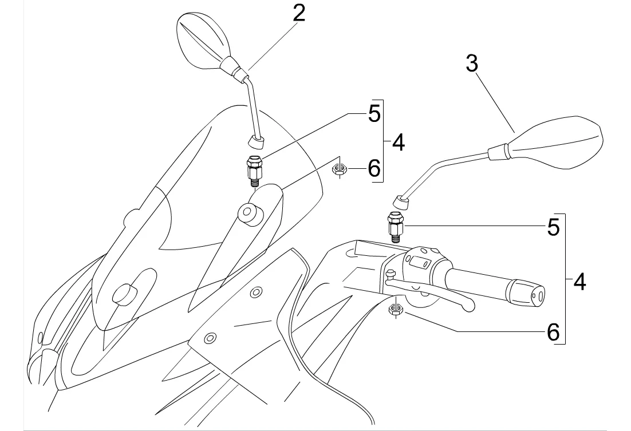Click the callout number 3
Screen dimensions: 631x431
click(x=472, y=64)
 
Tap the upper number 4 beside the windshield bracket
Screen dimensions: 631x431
click(x=398, y=143)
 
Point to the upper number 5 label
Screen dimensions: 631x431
click(x=374, y=114)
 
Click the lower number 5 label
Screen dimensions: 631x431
click(x=554, y=227)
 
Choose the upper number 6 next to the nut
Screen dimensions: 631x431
click(x=374, y=168)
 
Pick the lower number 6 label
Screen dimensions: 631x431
click(x=554, y=332)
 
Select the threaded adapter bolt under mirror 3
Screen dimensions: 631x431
click(x=395, y=227)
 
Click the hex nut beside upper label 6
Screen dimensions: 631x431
click(x=339, y=170)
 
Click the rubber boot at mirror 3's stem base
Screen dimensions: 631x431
click(x=401, y=203)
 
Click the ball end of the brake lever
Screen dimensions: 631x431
click(x=468, y=306)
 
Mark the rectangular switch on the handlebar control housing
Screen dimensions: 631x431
click(x=419, y=262)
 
